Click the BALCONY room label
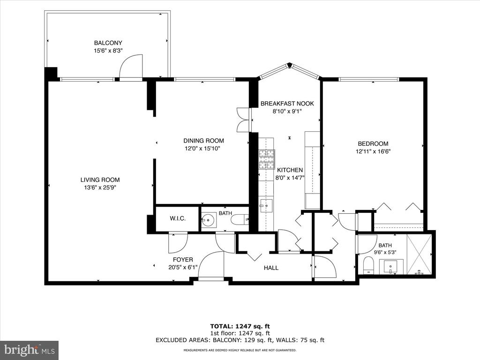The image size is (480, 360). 108,43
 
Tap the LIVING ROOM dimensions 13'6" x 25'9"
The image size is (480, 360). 100,187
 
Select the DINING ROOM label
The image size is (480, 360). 203,141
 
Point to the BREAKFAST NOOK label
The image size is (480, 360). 287,104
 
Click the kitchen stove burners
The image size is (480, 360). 267,159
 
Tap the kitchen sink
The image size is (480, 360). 266,206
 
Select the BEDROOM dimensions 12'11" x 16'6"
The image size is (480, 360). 373,151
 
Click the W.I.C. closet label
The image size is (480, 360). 178,218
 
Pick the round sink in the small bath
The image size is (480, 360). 209,219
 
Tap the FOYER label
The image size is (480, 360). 183,260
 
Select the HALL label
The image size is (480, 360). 271,268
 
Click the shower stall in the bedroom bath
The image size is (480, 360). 419,254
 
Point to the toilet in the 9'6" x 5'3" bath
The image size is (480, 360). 368,265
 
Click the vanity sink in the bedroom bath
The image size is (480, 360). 391,267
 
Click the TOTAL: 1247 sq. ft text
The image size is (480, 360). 240,326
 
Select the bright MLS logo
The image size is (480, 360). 30,349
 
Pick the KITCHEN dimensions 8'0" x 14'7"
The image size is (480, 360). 290,178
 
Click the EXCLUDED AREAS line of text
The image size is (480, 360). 240,340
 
